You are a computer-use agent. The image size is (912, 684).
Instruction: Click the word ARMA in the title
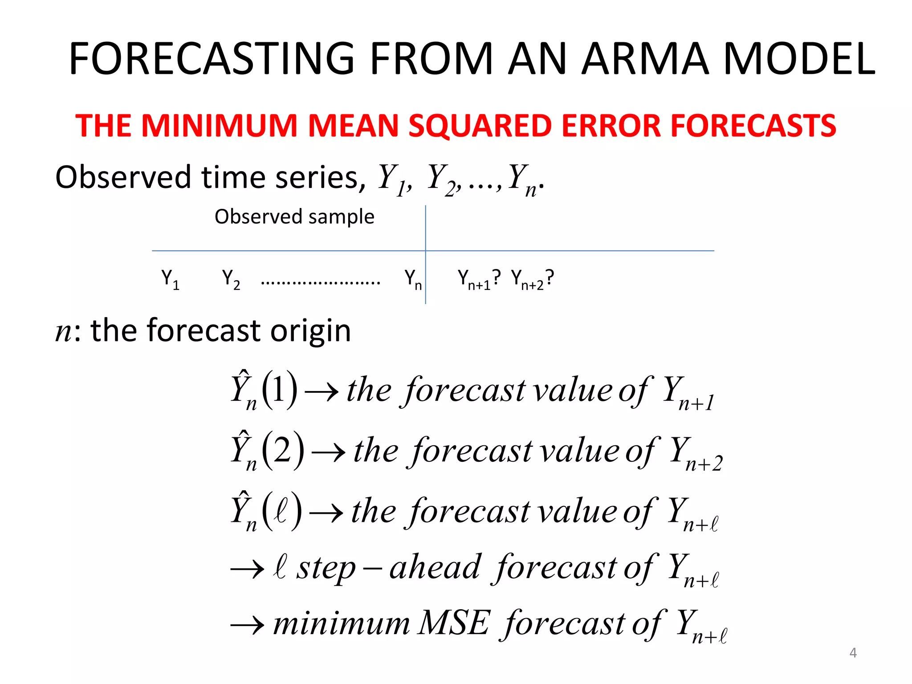coord(645,58)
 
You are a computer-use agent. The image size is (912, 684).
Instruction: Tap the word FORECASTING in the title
coord(212,58)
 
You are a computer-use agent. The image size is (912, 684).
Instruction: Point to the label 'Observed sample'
coord(294,217)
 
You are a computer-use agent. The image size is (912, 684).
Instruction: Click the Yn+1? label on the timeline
coord(479,279)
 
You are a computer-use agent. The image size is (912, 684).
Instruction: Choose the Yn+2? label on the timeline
coord(533,279)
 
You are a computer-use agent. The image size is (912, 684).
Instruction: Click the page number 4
coord(853,652)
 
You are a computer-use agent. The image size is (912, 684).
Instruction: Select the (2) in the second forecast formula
coord(283,450)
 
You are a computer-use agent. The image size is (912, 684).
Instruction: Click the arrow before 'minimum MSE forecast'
coord(248,625)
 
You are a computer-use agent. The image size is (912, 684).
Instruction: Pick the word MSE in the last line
coord(454,623)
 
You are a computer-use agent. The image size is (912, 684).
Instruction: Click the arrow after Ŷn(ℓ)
coord(326,513)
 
